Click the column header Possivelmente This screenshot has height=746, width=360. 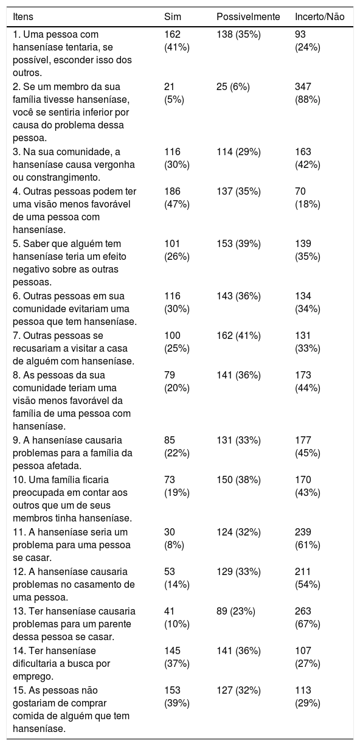pos(248,16)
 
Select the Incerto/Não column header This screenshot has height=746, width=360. pos(319,16)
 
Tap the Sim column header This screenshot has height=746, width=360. pos(172,16)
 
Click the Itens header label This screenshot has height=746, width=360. pos(23,16)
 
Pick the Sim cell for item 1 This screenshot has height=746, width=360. pos(177,41)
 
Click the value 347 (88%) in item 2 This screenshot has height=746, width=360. pos(308,93)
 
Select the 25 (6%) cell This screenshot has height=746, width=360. pos(233,87)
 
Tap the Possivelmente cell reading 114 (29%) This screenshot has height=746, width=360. pos(238,152)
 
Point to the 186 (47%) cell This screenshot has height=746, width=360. pos(177,198)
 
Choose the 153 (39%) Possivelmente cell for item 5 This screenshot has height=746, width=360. pos(238,244)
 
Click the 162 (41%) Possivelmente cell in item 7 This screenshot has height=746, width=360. pos(238,336)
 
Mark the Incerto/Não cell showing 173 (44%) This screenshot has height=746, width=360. pos(308,382)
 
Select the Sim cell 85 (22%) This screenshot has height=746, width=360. pos(177,446)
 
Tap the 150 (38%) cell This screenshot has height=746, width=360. pos(238,480)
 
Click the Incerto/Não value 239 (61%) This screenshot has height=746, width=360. pos(308,538)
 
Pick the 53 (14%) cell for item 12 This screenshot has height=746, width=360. pos(177,578)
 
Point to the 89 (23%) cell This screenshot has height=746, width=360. pos(235,612)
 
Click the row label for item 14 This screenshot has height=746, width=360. pos(61,663)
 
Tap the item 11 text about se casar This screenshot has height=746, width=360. pos(72,545)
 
